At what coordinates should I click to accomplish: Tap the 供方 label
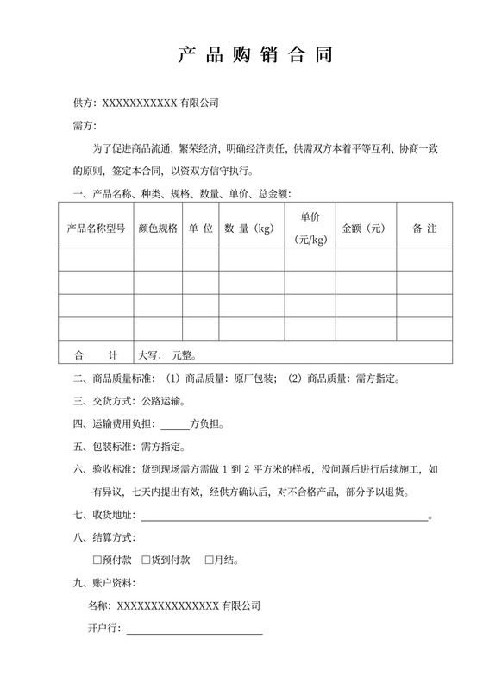click(x=84, y=103)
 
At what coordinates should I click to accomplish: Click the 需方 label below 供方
click(x=84, y=126)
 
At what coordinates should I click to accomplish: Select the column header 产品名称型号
click(x=96, y=229)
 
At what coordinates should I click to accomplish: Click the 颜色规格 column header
click(x=158, y=229)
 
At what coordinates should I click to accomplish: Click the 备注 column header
click(x=424, y=229)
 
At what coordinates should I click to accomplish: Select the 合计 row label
click(x=96, y=354)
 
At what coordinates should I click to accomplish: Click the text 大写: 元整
click(x=169, y=354)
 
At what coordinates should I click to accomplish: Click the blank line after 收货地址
click(x=284, y=517)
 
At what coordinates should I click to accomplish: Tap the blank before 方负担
click(x=175, y=424)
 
